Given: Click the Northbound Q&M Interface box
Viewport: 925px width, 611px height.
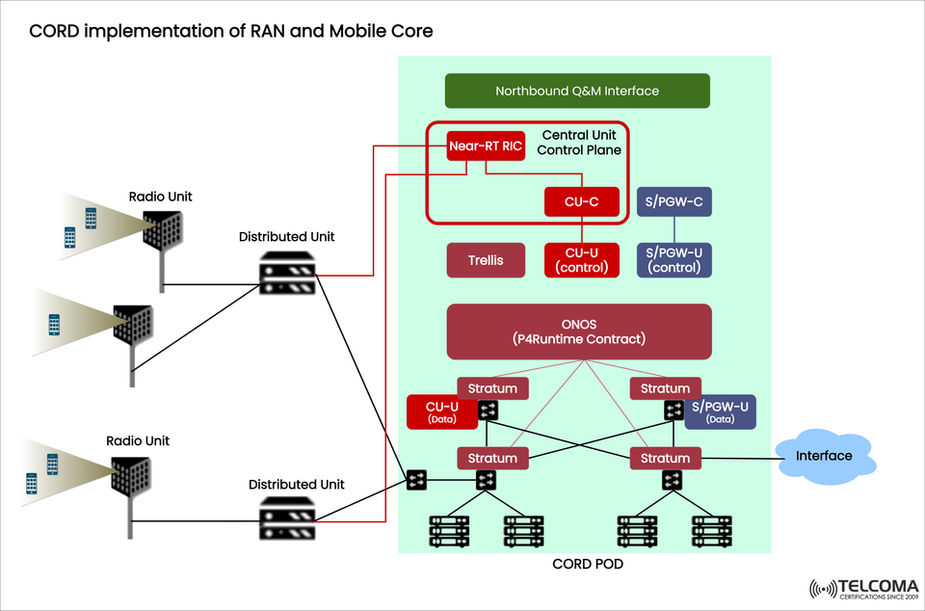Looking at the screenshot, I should pyautogui.click(x=577, y=91).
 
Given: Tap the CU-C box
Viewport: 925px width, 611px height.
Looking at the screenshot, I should pyautogui.click(x=581, y=201).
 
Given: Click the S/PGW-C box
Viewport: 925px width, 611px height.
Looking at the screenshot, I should pyautogui.click(x=674, y=201).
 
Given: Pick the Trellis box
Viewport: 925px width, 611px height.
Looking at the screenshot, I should pyautogui.click(x=487, y=260).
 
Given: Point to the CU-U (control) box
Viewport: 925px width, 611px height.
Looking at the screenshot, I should pyautogui.click(x=581, y=260).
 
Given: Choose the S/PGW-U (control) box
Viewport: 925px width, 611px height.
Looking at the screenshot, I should pyautogui.click(x=674, y=260).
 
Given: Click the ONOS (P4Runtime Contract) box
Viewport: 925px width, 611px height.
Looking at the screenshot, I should pyautogui.click(x=579, y=332).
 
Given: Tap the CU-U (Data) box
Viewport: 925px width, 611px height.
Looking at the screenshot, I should pyautogui.click(x=441, y=412).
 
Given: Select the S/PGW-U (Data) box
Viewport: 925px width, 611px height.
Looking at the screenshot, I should pyautogui.click(x=721, y=412).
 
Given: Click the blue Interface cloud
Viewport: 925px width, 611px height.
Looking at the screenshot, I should pyautogui.click(x=823, y=456).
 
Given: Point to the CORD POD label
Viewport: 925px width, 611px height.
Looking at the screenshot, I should pyautogui.click(x=587, y=564).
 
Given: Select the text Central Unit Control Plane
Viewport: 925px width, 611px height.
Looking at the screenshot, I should pyautogui.click(x=579, y=143).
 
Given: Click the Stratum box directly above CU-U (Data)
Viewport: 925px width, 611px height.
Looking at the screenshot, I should pyautogui.click(x=492, y=388).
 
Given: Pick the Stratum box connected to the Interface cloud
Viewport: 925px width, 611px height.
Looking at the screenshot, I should pyautogui.click(x=665, y=458).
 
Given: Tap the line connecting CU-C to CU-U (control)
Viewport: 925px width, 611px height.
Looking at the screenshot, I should pyautogui.click(x=581, y=229).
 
